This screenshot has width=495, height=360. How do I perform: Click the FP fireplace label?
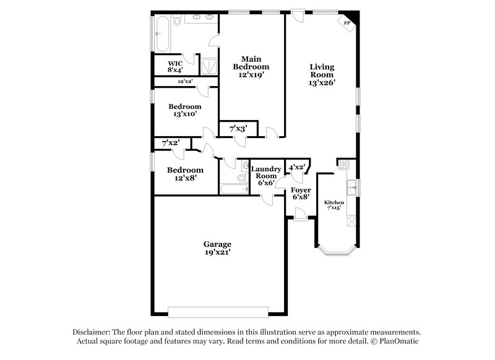tap(347, 23)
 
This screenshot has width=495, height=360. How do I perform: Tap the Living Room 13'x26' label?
tap(322, 74)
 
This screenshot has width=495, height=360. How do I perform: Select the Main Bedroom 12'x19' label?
tap(251, 66)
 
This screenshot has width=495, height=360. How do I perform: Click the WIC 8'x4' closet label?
tap(176, 66)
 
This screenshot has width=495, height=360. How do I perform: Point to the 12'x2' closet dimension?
tap(184, 81)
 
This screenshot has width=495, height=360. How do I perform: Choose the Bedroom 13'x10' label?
tap(184, 110)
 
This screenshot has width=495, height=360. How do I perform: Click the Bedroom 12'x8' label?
tap(184, 174)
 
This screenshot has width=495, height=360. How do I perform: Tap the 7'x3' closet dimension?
tap(238, 129)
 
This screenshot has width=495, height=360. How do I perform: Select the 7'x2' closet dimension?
tap(170, 143)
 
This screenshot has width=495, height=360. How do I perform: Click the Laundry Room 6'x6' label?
tap(267, 175)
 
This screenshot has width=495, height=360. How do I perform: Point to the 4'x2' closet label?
tap(296, 166)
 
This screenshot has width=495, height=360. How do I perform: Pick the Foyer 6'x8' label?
tap(300, 193)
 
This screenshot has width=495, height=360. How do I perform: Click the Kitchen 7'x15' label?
tap(334, 205)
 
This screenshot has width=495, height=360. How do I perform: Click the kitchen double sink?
tap(351, 186)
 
